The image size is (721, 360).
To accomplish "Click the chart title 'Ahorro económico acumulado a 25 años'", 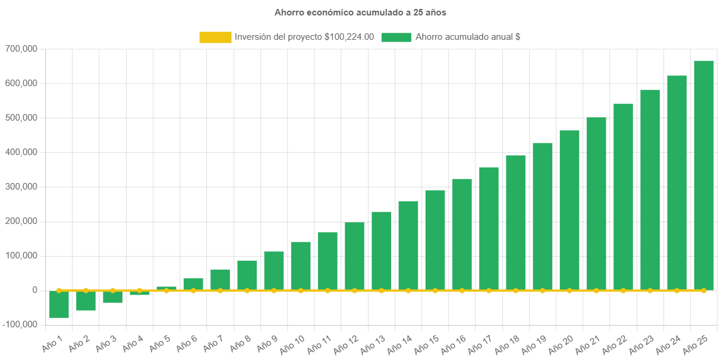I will click(360, 12).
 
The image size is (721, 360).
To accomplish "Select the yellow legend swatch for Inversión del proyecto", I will click(215, 37).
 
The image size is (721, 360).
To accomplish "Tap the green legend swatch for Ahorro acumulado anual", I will click(396, 37).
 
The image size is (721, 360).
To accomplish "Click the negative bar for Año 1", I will click(59, 305).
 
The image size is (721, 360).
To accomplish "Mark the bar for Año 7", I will click(220, 280).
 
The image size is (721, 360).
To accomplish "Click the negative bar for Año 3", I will click(113, 297).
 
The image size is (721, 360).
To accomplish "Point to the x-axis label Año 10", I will click(292, 344).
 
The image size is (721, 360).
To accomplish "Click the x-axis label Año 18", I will click(507, 344).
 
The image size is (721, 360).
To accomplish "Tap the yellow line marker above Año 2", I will click(86, 290).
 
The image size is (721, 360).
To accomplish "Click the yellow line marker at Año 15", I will click(435, 290).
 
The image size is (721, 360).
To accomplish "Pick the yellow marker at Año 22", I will click(623, 290).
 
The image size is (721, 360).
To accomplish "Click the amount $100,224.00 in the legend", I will click(350, 37).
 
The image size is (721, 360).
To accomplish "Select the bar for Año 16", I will click(462, 235).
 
